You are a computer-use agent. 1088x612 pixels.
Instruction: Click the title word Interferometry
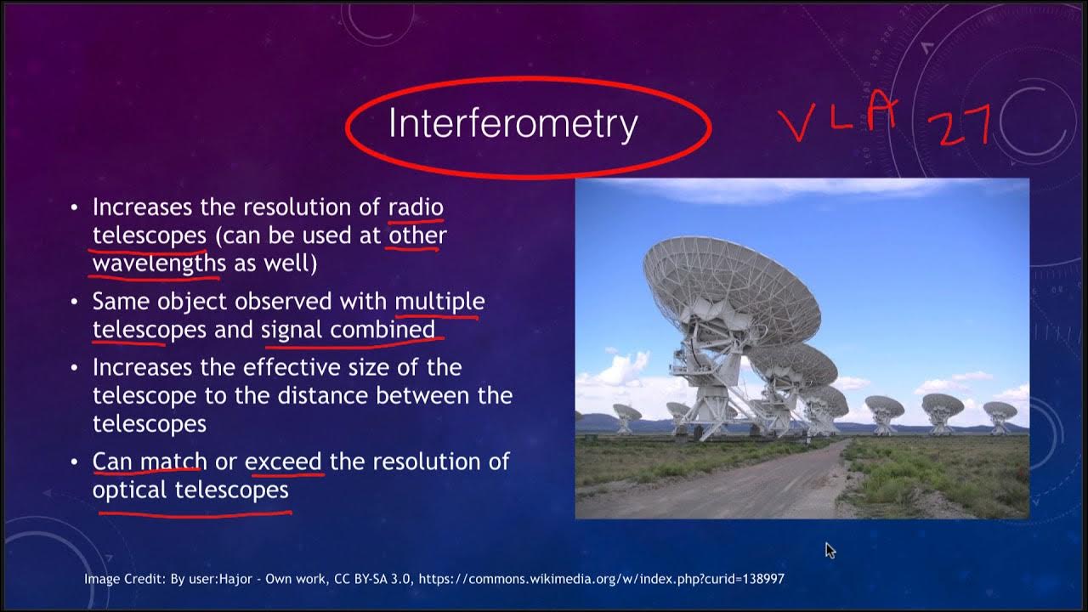pos(513,124)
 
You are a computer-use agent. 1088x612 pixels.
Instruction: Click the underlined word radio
pos(416,207)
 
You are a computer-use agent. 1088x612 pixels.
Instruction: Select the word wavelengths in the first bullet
pos(159,263)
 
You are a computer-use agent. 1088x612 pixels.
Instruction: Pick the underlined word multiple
pos(439,301)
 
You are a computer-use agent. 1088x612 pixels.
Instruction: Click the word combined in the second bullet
pos(382,329)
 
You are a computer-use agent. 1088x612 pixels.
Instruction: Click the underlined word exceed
pos(283,462)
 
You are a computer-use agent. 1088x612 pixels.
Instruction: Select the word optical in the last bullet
pos(130,490)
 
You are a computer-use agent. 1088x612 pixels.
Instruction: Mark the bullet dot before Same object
pos(75,302)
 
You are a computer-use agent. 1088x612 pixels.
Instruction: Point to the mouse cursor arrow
pos(830,550)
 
